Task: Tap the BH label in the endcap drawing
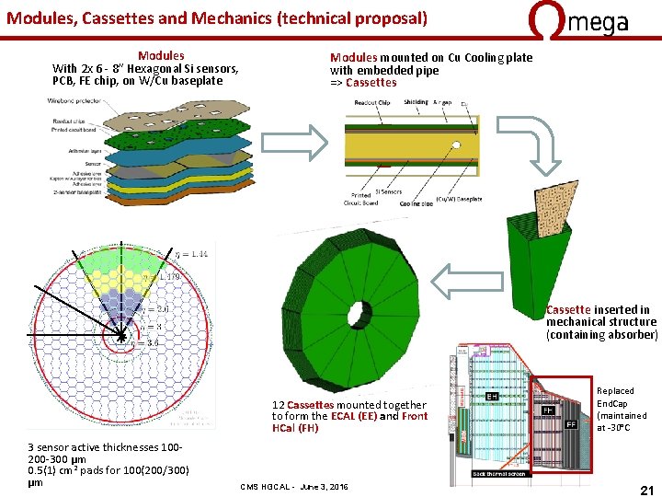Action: click(x=493, y=397)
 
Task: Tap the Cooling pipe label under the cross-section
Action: click(x=417, y=203)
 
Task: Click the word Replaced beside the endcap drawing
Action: click(x=615, y=391)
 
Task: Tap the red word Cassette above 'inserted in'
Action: click(x=567, y=310)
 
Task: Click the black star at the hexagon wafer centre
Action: click(x=121, y=338)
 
